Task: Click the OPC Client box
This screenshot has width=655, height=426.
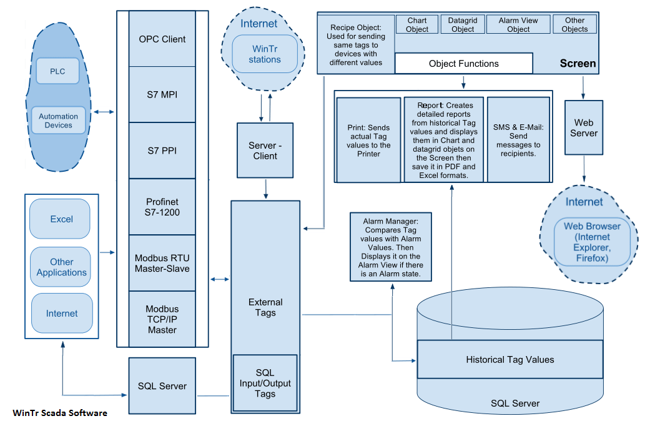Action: [x=162, y=39]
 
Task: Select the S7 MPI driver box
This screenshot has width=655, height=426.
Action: [x=162, y=94]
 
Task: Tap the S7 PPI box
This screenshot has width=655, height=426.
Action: [x=162, y=151]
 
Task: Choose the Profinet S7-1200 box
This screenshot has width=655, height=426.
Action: [x=162, y=207]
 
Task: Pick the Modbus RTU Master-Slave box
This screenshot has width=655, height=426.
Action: [x=162, y=263]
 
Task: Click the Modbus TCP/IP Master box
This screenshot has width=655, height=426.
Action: [x=162, y=319]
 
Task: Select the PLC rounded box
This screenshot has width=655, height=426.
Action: [x=57, y=71]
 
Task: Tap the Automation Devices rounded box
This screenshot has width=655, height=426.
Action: [x=58, y=121]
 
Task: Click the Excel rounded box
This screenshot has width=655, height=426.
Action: [x=61, y=219]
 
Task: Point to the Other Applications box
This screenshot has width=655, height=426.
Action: [x=61, y=267]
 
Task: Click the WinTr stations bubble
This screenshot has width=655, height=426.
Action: [x=265, y=54]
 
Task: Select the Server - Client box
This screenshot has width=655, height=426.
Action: [x=265, y=151]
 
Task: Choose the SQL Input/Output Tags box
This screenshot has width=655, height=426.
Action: [x=265, y=383]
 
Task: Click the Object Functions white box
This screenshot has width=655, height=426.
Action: [x=463, y=64]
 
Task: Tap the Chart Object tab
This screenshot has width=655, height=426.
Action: [x=417, y=25]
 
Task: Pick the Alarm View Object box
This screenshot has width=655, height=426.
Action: [x=518, y=25]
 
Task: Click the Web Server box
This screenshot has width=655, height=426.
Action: [x=583, y=127]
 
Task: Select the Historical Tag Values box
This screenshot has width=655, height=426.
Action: [x=510, y=359]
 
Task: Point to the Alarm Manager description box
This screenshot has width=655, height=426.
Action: [x=392, y=247]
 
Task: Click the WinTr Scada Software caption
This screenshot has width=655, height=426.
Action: [x=60, y=413]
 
